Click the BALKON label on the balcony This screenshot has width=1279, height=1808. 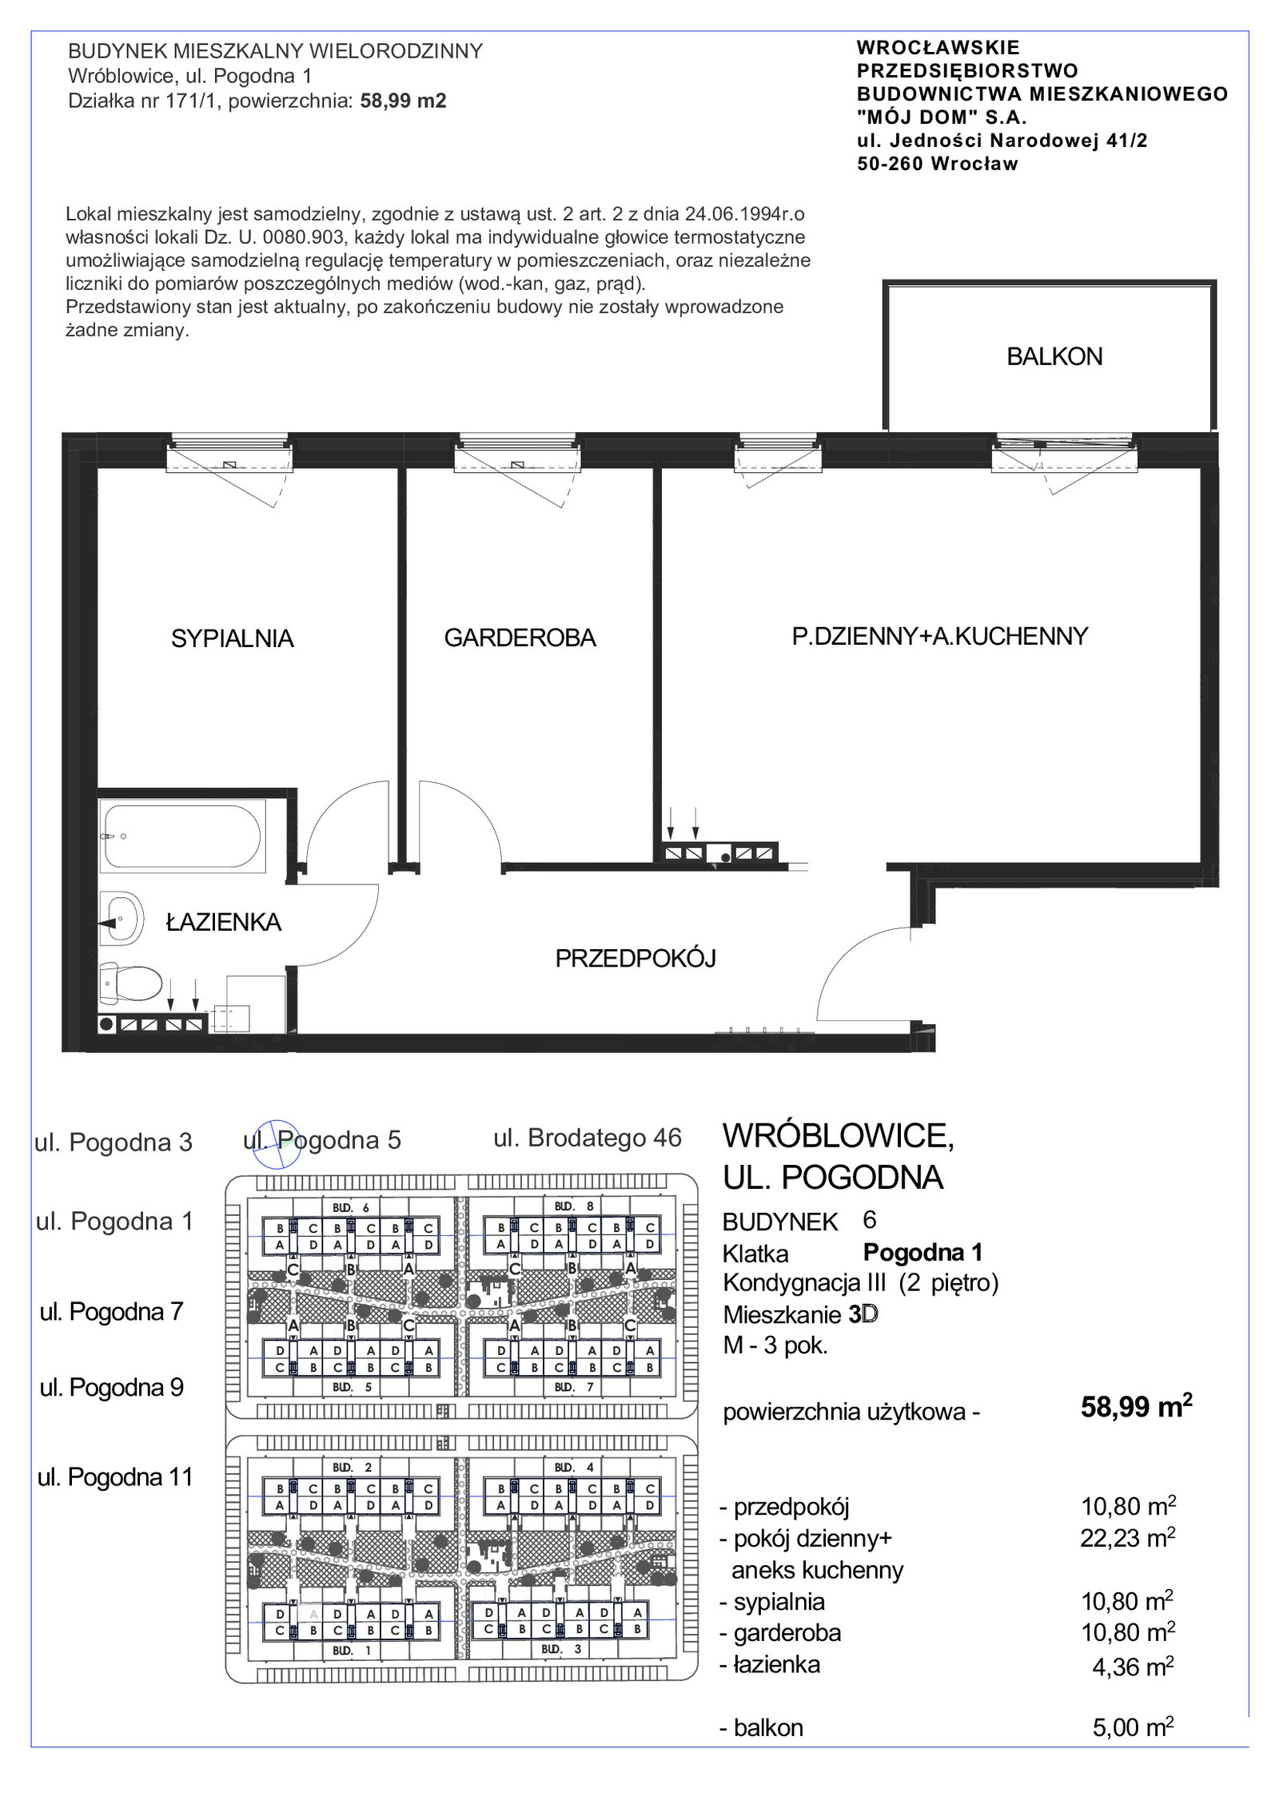pyautogui.click(x=1054, y=356)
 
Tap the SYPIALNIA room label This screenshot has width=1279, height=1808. pyautogui.click(x=233, y=638)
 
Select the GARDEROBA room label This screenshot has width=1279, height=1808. pyautogui.click(x=520, y=638)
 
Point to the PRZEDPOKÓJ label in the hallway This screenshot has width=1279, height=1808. pyautogui.click(x=636, y=958)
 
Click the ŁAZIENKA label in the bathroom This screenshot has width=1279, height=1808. pyautogui.click(x=224, y=922)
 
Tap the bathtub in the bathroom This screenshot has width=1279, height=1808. pyautogui.click(x=183, y=836)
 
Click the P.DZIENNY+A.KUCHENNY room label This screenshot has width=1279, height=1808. pyautogui.click(x=940, y=636)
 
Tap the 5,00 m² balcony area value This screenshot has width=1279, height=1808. pyautogui.click(x=1133, y=1727)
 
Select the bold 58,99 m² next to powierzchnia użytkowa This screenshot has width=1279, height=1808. pyautogui.click(x=1136, y=1405)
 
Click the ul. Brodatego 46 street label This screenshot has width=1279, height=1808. pyautogui.click(x=588, y=1138)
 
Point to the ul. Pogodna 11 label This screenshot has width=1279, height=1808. pyautogui.click(x=116, y=1476)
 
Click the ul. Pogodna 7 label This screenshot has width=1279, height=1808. pyautogui.click(x=112, y=1311)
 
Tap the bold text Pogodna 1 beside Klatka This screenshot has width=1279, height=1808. pyautogui.click(x=922, y=1252)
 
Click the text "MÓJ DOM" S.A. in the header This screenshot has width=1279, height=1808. pyautogui.click(x=942, y=117)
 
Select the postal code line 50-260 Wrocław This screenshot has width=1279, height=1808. pyautogui.click(x=938, y=164)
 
